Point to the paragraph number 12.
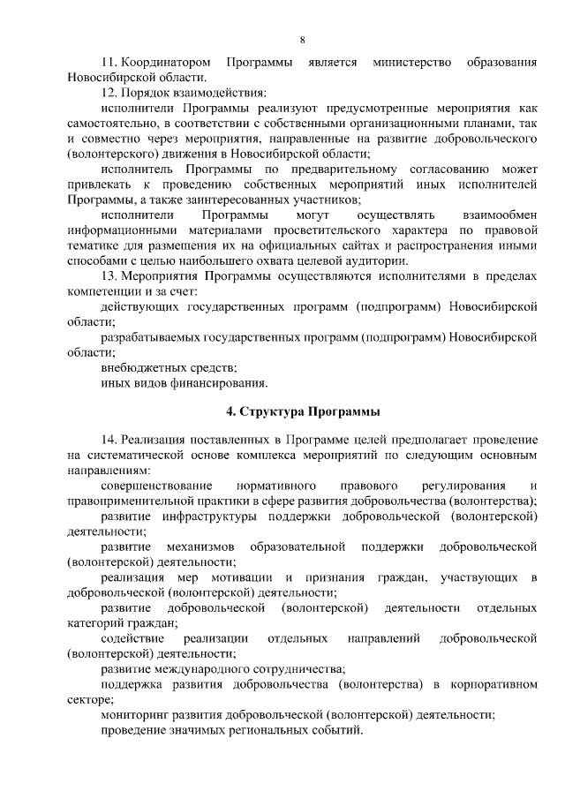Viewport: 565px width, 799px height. coord(108,91)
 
